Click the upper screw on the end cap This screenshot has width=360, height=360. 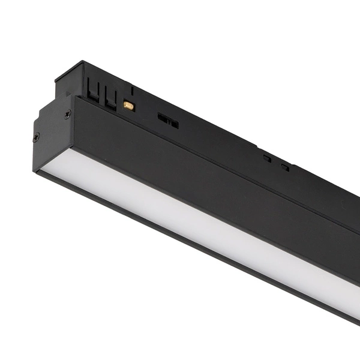[x=67, y=114]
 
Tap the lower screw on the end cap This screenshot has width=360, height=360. [x=37, y=137]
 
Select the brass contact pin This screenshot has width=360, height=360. [x=128, y=106]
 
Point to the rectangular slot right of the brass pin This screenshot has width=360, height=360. [x=168, y=120]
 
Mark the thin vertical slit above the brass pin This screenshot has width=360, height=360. [x=132, y=91]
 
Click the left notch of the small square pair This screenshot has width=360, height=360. [x=266, y=158]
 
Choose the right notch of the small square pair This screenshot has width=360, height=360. [x=285, y=167]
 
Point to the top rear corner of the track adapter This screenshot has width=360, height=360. [x=82, y=61]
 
